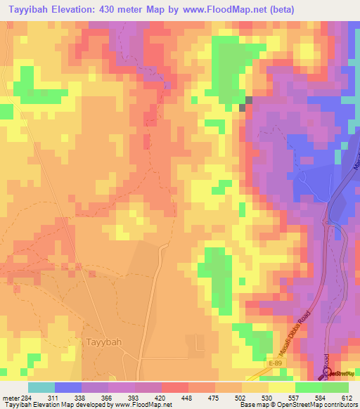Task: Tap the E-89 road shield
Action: coord(276,362)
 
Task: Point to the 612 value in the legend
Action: coord(346,398)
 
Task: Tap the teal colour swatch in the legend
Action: coord(41,387)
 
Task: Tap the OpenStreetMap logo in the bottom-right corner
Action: coord(340,373)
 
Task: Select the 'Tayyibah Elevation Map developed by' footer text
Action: coord(51,405)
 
